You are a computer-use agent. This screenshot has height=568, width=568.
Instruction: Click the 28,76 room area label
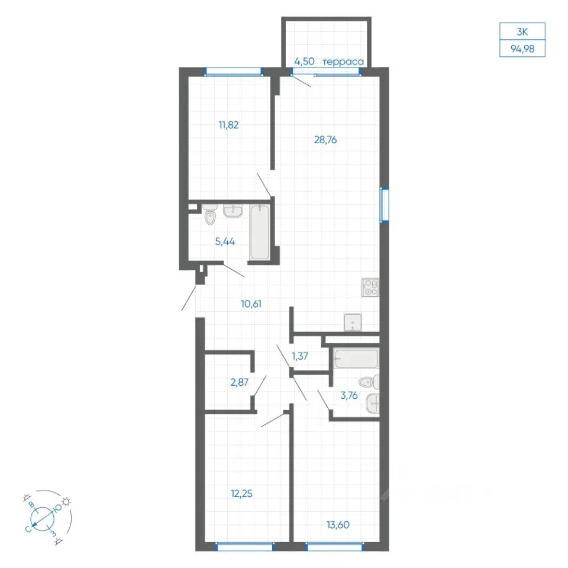[325, 140]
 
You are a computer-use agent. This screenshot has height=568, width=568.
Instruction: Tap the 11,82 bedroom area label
[228, 125]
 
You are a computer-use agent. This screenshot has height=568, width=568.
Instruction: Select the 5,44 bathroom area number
[225, 241]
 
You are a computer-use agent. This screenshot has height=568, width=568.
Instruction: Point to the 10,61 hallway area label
[251, 304]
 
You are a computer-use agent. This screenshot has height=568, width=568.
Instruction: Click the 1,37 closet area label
[300, 356]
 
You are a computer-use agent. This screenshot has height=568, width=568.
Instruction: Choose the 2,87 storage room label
[240, 382]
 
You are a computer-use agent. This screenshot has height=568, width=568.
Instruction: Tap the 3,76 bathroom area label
[349, 396]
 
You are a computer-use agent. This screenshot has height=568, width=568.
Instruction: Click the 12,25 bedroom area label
[241, 493]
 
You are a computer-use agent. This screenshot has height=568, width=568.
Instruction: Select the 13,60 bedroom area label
[338, 525]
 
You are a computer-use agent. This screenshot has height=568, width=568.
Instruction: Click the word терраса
[343, 62]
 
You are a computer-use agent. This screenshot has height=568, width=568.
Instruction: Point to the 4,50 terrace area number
[304, 61]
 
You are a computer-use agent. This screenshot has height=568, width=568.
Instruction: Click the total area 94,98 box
[522, 49]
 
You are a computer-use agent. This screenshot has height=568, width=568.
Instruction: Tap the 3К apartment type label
[522, 32]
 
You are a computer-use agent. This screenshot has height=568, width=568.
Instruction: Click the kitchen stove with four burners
[370, 288]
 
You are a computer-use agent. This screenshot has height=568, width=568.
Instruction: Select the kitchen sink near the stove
[353, 322]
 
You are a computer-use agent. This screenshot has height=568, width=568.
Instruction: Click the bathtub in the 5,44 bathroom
[259, 232]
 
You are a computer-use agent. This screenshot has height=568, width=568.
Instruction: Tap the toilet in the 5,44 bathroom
[209, 214]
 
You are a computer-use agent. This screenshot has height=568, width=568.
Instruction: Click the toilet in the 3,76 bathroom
[369, 382]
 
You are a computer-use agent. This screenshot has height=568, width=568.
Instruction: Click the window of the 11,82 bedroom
[233, 72]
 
